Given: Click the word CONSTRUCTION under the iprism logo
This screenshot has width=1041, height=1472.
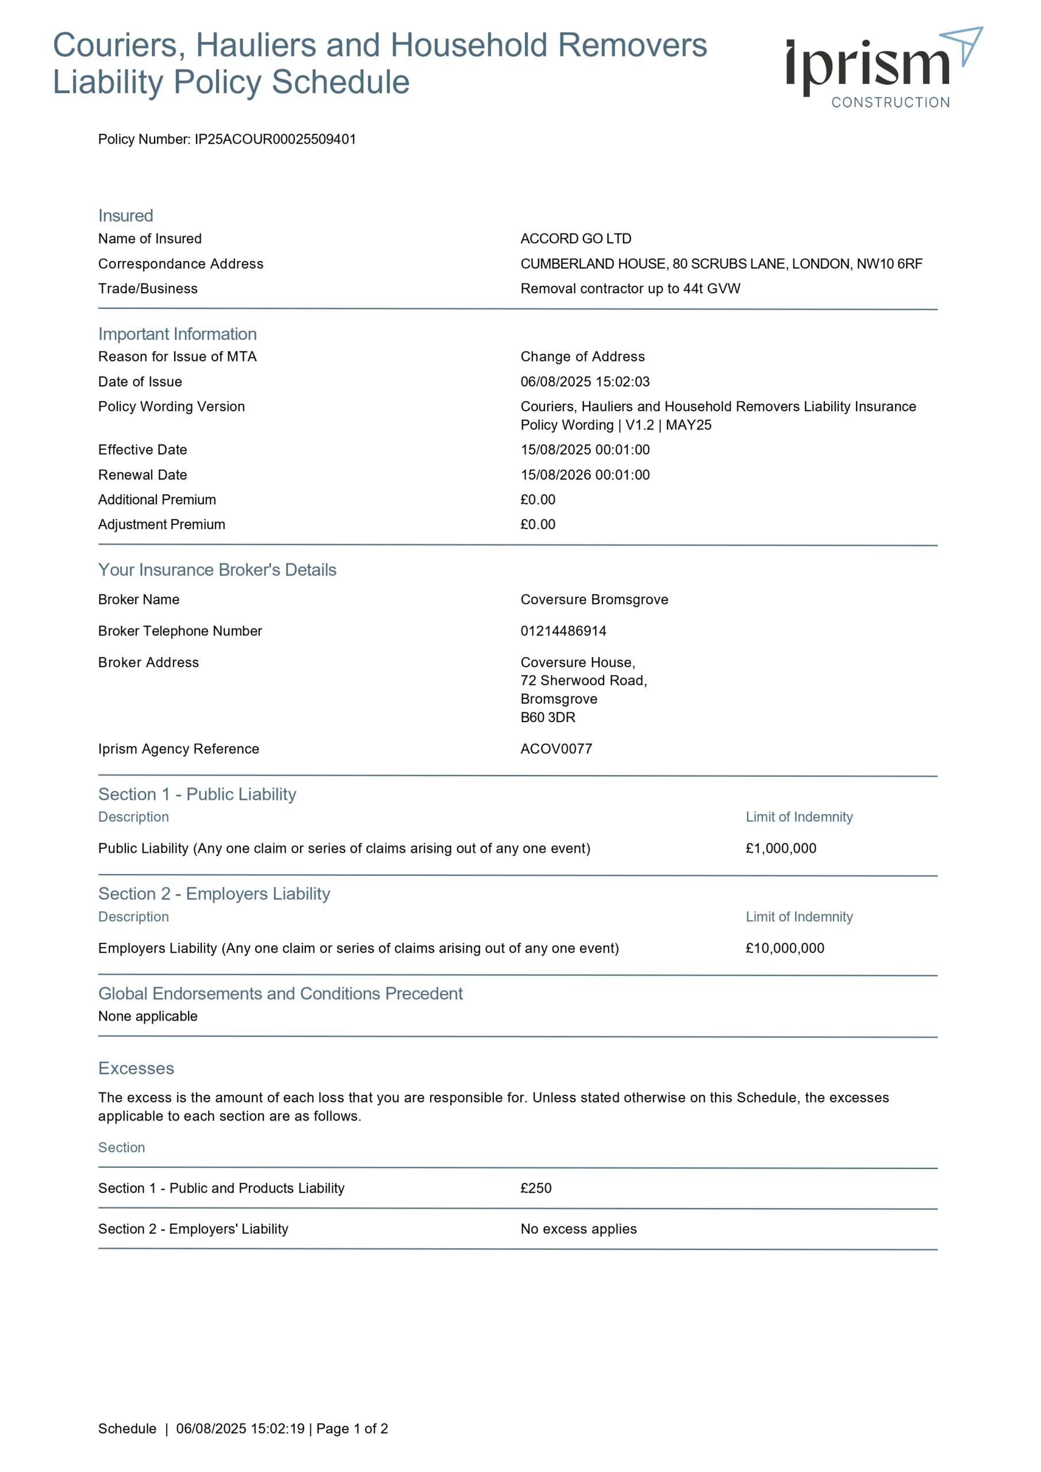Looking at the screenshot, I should pyautogui.click(x=890, y=102).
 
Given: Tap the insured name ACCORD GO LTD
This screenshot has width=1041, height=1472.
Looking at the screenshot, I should pyautogui.click(x=575, y=239).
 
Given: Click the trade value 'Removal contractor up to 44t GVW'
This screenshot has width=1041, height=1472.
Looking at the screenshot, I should pyautogui.click(x=630, y=289).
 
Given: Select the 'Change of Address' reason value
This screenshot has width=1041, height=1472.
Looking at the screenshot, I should pyautogui.click(x=582, y=356).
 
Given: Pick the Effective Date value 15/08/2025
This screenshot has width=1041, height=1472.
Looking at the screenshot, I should pyautogui.click(x=585, y=450).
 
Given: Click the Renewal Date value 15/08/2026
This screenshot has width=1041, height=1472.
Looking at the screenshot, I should pyautogui.click(x=585, y=474).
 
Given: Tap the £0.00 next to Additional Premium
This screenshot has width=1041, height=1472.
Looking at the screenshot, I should pyautogui.click(x=538, y=500).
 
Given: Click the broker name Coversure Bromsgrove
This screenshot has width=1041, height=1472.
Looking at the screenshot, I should pyautogui.click(x=594, y=600).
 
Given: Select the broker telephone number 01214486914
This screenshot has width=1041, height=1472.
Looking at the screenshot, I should pyautogui.click(x=563, y=631).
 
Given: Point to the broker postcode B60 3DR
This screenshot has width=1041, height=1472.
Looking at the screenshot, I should pyautogui.click(x=547, y=718).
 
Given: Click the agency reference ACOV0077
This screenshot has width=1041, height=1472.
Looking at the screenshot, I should pyautogui.click(x=556, y=749).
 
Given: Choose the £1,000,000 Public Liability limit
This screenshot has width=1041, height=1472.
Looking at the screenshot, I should pyautogui.click(x=781, y=848).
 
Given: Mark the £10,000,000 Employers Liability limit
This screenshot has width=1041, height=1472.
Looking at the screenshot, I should pyautogui.click(x=785, y=948).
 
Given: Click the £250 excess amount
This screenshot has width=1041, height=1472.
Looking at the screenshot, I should pyautogui.click(x=536, y=1188).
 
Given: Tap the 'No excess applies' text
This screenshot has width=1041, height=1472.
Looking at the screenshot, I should pyautogui.click(x=578, y=1229).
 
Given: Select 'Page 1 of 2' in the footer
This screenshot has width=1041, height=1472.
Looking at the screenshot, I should pyautogui.click(x=352, y=1428).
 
